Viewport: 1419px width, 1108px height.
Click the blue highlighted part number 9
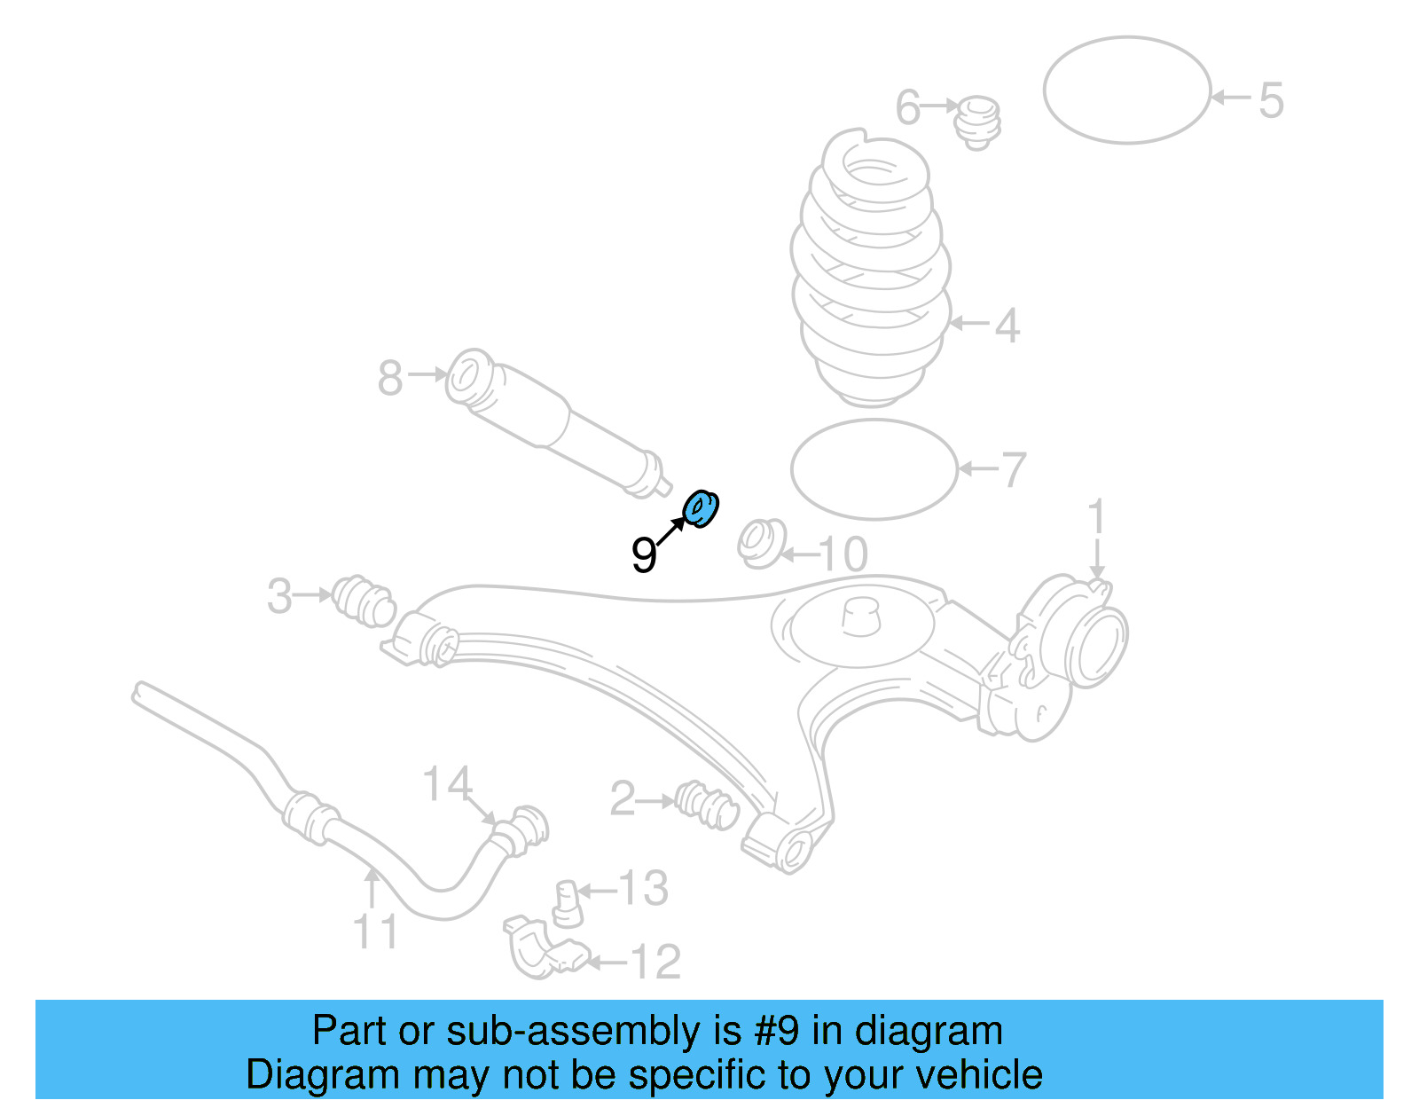[700, 509]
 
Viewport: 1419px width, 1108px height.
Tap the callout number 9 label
[644, 555]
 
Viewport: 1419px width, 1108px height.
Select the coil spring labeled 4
[871, 268]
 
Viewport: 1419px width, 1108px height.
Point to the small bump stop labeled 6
[977, 122]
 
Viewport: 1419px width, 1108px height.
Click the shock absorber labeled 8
[559, 423]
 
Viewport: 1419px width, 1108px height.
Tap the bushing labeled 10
[761, 543]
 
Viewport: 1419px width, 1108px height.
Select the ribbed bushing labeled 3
[364, 601]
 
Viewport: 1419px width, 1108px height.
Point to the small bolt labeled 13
[568, 904]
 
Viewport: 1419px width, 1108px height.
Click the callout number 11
[375, 931]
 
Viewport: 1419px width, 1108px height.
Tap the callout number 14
[447, 782]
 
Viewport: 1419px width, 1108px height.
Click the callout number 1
[1096, 516]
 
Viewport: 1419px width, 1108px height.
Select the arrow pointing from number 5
[1231, 98]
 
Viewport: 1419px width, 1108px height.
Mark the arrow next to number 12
[608, 961]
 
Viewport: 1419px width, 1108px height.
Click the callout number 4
[1007, 326]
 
